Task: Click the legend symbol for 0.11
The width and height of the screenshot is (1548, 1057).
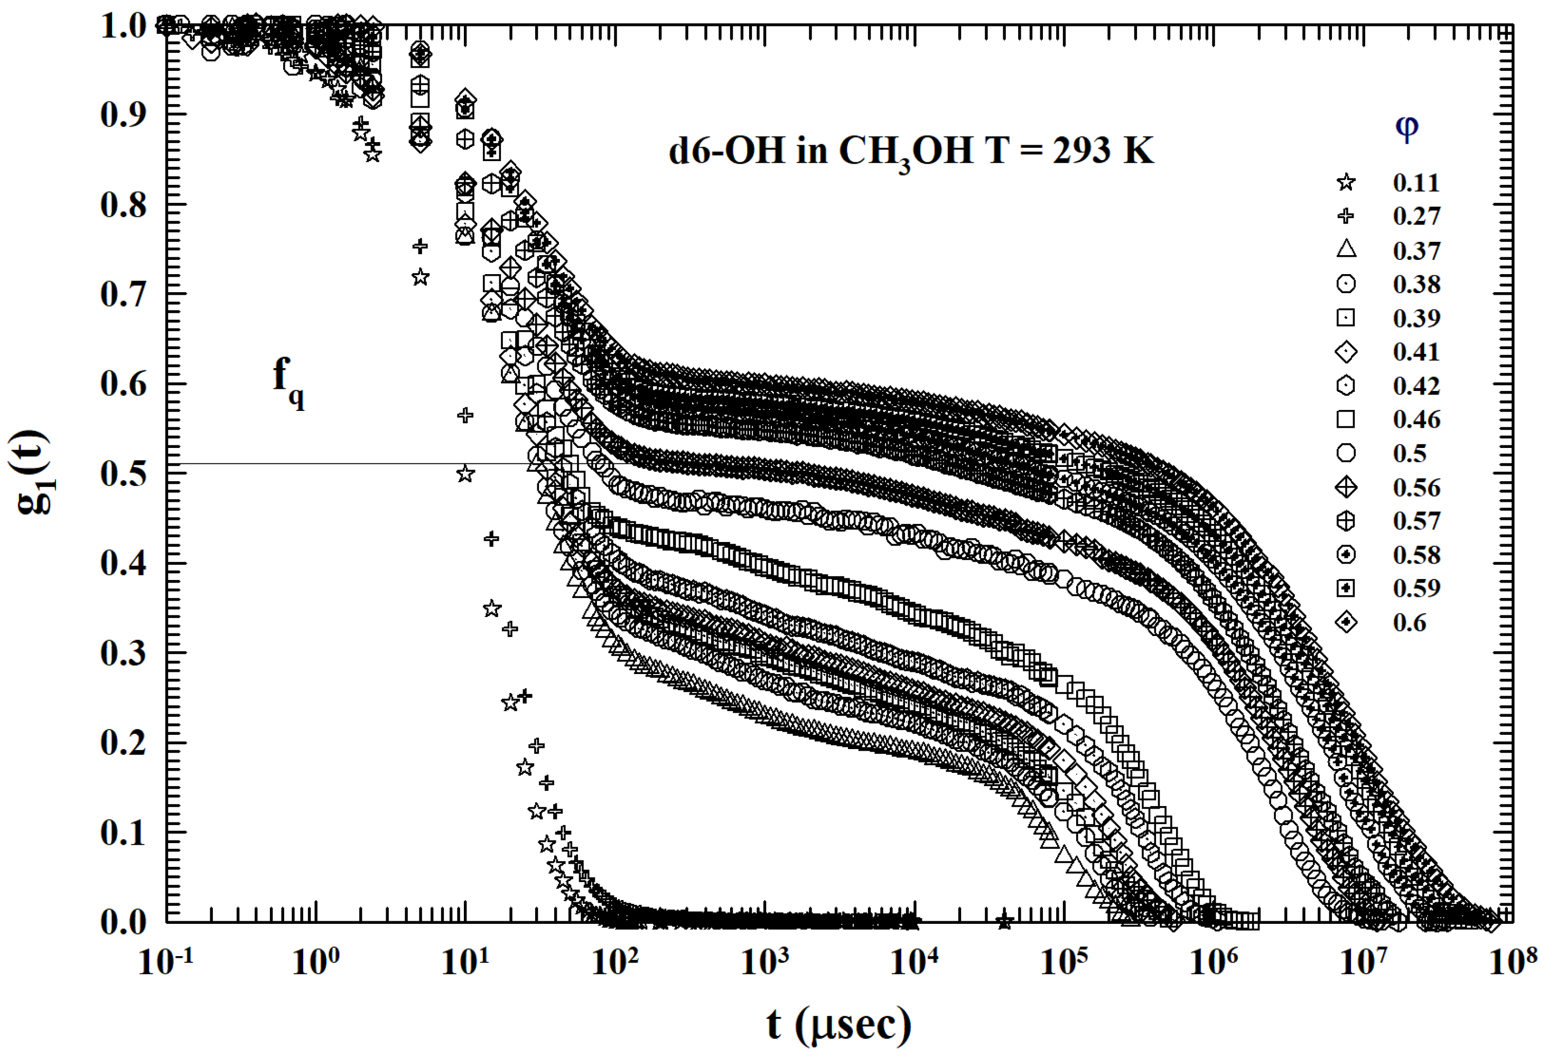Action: (x=1346, y=182)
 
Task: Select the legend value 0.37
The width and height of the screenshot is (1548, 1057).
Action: (x=1416, y=250)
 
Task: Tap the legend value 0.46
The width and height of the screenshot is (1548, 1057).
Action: (x=1416, y=419)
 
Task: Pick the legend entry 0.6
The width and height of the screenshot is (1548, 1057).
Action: (x=1409, y=622)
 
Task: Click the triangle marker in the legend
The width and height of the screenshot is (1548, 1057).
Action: (x=1346, y=249)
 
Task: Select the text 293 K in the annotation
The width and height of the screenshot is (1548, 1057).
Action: (x=1103, y=151)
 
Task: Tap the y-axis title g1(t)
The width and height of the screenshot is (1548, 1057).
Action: (x=33, y=473)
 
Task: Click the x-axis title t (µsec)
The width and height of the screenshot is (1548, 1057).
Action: (x=838, y=1024)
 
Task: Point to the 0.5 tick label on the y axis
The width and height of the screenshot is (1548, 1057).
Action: (x=123, y=473)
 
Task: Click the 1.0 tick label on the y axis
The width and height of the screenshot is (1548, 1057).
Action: (x=123, y=26)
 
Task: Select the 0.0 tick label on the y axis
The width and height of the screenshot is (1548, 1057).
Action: (x=123, y=922)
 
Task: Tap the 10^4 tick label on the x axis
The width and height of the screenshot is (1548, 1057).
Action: (x=914, y=961)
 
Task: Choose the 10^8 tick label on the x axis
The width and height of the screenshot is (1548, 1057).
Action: (x=1513, y=961)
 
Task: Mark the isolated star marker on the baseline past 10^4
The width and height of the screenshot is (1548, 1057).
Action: (x=1004, y=922)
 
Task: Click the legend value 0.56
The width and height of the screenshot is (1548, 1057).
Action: (x=1416, y=487)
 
